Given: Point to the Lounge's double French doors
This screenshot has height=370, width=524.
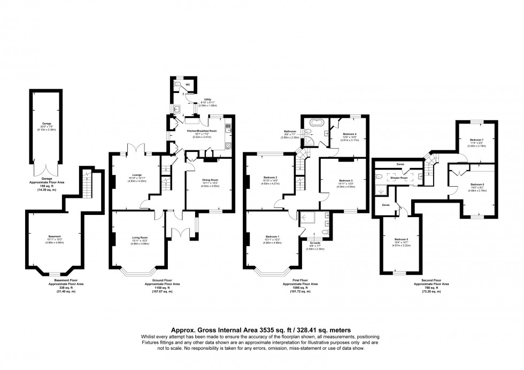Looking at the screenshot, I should (134, 151).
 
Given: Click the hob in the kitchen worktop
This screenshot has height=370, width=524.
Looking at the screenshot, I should (229, 145).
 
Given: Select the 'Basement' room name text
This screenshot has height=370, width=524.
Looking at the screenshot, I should (55, 236).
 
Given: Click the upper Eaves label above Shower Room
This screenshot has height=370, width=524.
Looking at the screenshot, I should (400, 164).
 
